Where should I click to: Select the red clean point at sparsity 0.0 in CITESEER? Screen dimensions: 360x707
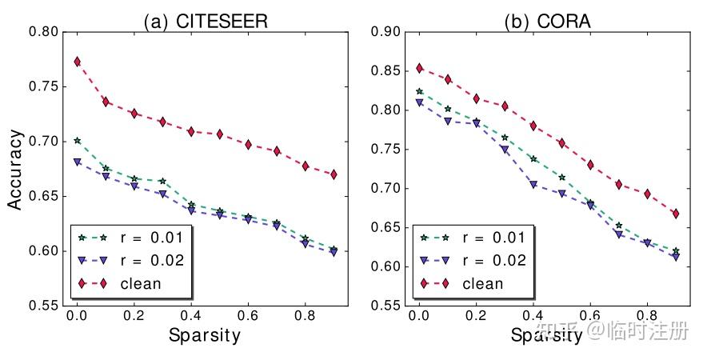coord(77,62)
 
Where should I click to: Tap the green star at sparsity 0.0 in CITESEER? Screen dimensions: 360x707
coord(77,140)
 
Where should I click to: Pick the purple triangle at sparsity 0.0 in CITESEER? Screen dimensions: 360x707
coord(77,162)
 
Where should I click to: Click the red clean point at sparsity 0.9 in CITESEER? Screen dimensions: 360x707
coord(333,174)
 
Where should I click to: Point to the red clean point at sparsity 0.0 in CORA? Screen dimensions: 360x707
coord(418,69)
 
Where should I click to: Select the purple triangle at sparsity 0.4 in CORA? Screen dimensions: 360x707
coord(533,185)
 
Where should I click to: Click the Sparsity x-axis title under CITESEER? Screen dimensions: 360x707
coord(205,335)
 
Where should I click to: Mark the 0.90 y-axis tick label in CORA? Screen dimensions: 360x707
coord(385,32)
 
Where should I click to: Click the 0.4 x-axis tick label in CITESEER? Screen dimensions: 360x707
coord(190,317)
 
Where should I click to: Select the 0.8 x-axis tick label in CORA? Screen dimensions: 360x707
coord(646,317)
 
